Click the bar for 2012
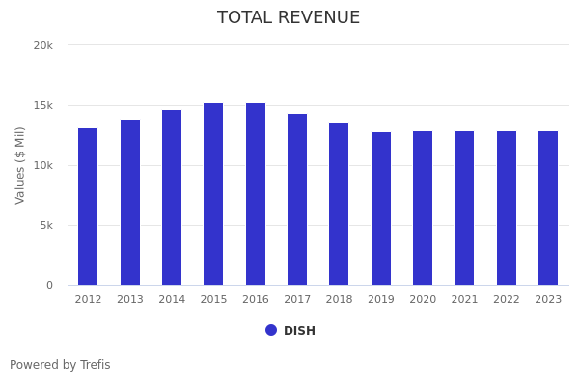(x=88, y=207)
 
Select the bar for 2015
(x=213, y=194)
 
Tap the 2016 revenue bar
(x=256, y=194)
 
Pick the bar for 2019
(x=381, y=208)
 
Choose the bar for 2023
(x=548, y=207)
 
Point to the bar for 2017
(x=297, y=199)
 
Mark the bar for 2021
(x=464, y=207)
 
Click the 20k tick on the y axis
(x=42, y=45)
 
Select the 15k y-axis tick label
(x=42, y=105)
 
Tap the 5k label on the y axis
(x=45, y=225)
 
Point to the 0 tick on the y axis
(x=48, y=285)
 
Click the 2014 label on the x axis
(x=172, y=300)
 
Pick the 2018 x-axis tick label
(x=339, y=300)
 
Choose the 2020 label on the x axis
(x=423, y=300)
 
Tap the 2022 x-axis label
(x=507, y=300)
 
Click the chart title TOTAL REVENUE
(x=289, y=18)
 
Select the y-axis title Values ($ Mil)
(x=20, y=165)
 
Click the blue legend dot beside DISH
(x=271, y=330)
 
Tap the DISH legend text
(x=299, y=331)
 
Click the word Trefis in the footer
(x=95, y=365)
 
